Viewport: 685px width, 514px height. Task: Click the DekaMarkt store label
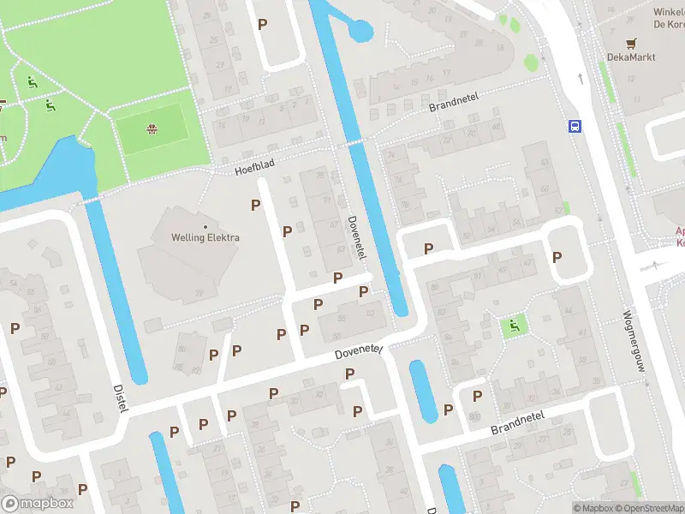(x=632, y=57)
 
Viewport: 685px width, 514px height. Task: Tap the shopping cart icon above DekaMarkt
(x=632, y=42)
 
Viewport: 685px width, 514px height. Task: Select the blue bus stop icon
(x=575, y=127)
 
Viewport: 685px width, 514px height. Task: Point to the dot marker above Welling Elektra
(x=205, y=226)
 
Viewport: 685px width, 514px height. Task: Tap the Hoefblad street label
(x=257, y=165)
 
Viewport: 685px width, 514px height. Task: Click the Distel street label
(x=119, y=397)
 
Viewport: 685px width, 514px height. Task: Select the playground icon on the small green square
(x=514, y=325)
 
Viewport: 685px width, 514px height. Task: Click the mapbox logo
(x=36, y=504)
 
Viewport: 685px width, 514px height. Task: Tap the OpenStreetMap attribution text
(x=645, y=508)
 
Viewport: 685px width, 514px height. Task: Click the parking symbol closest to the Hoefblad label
(x=255, y=205)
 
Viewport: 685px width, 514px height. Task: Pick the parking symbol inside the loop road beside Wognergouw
(x=557, y=256)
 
